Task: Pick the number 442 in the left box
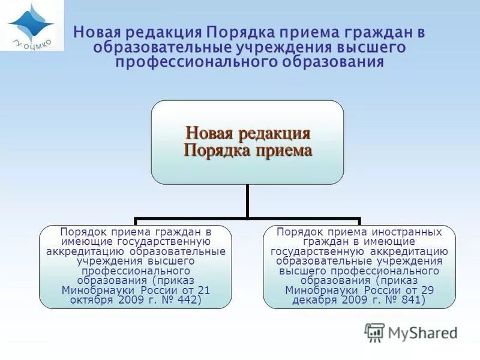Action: click(190, 300)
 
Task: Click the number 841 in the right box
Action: click(411, 300)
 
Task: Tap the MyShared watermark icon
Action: click(374, 332)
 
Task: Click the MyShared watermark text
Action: click(422, 332)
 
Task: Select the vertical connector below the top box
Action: click(247, 201)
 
